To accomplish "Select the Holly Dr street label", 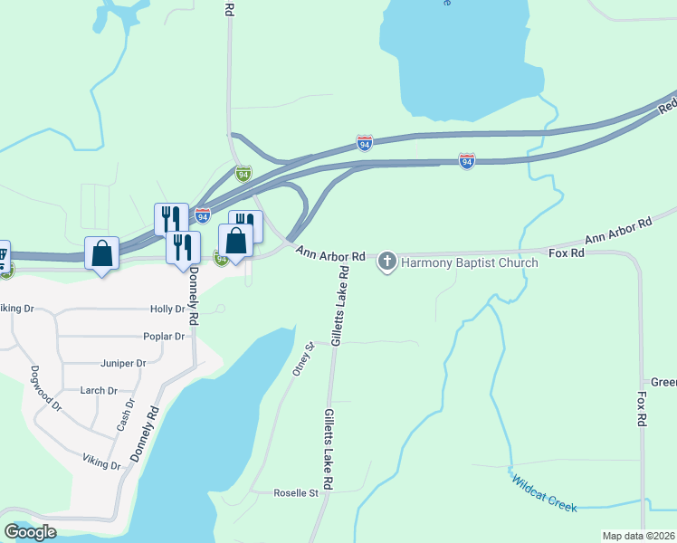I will (x=167, y=309).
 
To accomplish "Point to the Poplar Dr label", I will (x=164, y=337).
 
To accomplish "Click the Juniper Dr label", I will (x=125, y=364).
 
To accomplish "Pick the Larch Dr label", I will (x=99, y=391).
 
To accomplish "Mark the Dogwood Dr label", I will (x=45, y=388).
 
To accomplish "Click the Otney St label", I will (x=301, y=358).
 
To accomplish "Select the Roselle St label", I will (x=297, y=493).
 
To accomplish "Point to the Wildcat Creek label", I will (x=543, y=493).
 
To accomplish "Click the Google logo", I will (x=30, y=532).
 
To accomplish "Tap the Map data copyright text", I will (x=639, y=536).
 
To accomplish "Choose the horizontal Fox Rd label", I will (x=567, y=253).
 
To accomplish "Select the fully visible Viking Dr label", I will (x=101, y=465).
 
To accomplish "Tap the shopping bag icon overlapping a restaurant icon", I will (x=235, y=243).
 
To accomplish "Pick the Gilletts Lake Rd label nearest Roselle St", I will (x=328, y=449).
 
